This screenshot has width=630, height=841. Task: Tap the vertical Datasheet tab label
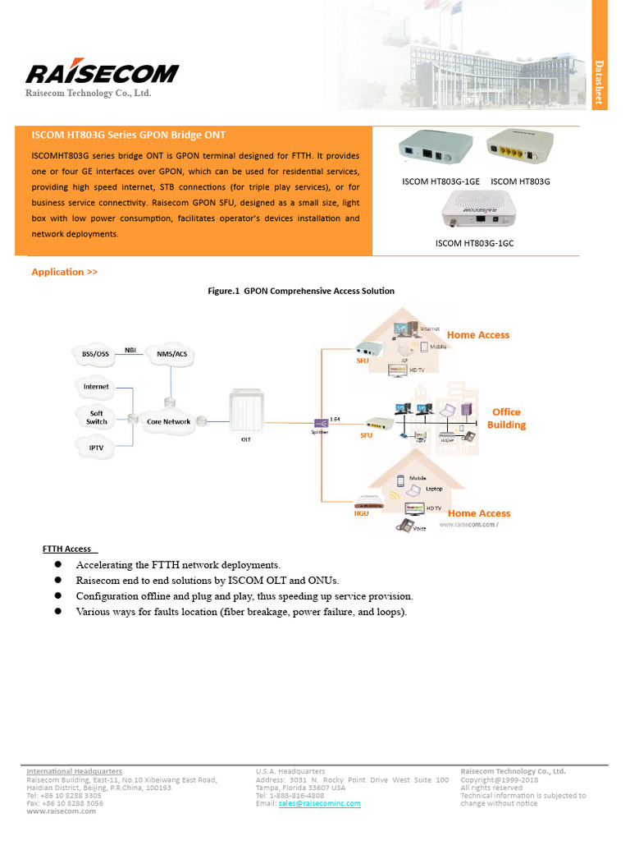(599, 82)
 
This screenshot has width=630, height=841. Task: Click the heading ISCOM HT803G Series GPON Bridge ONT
(128, 135)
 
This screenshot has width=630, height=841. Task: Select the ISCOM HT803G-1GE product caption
(440, 181)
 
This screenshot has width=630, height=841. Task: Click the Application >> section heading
(64, 272)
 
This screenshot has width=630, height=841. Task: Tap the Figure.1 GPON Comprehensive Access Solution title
(302, 291)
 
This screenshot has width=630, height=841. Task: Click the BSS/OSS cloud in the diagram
(95, 354)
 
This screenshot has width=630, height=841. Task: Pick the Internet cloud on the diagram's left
(96, 386)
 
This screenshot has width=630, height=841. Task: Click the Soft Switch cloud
(97, 417)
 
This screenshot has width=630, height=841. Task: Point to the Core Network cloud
(168, 421)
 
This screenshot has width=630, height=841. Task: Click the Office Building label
(506, 419)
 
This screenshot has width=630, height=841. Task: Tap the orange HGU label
(361, 514)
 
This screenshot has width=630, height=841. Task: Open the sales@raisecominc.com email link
(319, 803)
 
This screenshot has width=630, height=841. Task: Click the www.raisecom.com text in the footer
(61, 811)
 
